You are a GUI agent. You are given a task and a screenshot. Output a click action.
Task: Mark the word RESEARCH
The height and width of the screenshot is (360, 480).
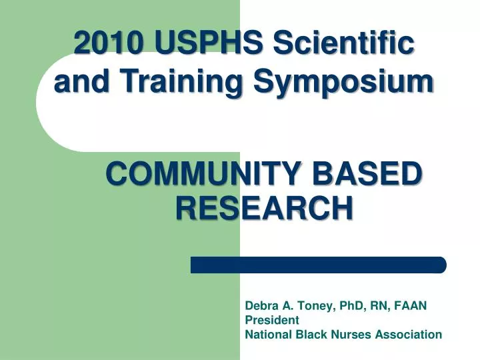[264, 208]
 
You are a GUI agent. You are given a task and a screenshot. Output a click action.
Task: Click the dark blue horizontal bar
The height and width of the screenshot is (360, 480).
[318, 265]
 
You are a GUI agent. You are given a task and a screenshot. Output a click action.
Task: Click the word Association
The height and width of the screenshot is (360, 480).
[406, 334]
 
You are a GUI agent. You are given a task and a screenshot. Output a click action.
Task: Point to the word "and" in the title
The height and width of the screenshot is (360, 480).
[74, 83]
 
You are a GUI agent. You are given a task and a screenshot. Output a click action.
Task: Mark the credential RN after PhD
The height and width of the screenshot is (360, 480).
[374, 306]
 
